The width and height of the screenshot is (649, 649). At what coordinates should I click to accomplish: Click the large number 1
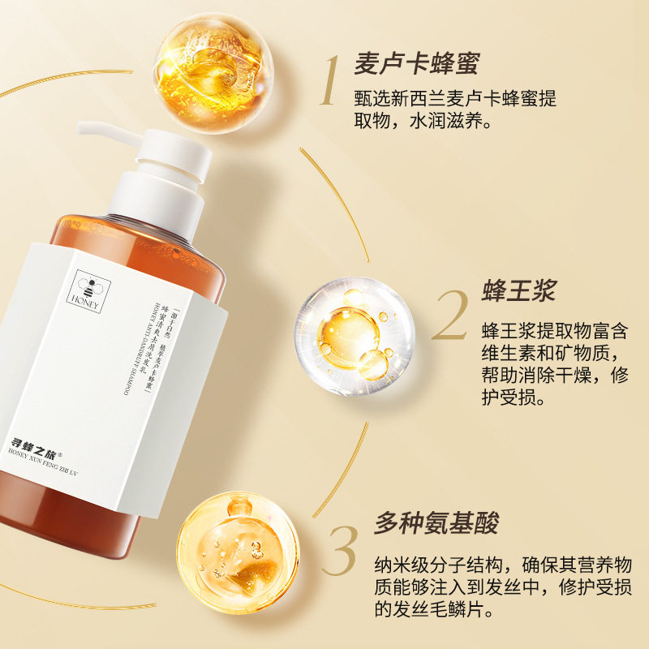pyautogui.click(x=329, y=81)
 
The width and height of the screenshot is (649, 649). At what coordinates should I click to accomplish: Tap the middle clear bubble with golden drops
pyautogui.click(x=354, y=333)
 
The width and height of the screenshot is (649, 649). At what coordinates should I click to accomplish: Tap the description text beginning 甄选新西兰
pyautogui.click(x=455, y=108)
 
